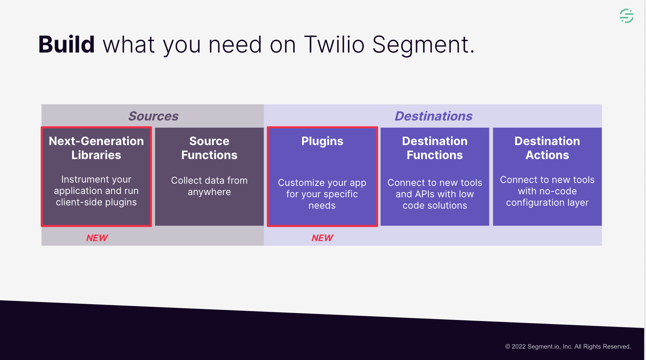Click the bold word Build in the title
pos(67,44)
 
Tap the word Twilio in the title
pos(334,44)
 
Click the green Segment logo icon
pos(627,16)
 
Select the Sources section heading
pos(154,116)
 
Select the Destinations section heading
pos(434,116)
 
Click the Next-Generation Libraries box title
pos(96,148)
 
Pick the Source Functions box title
pos(209,148)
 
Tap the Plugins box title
pos(322,141)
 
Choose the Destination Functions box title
pos(435,148)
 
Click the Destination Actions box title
pos(547,148)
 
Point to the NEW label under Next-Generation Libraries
pos(97,238)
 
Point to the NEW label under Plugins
pos(322,238)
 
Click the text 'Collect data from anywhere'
pos(209,186)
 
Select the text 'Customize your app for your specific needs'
pos(322,194)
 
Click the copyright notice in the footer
pos(568,346)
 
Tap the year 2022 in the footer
pos(519,346)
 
